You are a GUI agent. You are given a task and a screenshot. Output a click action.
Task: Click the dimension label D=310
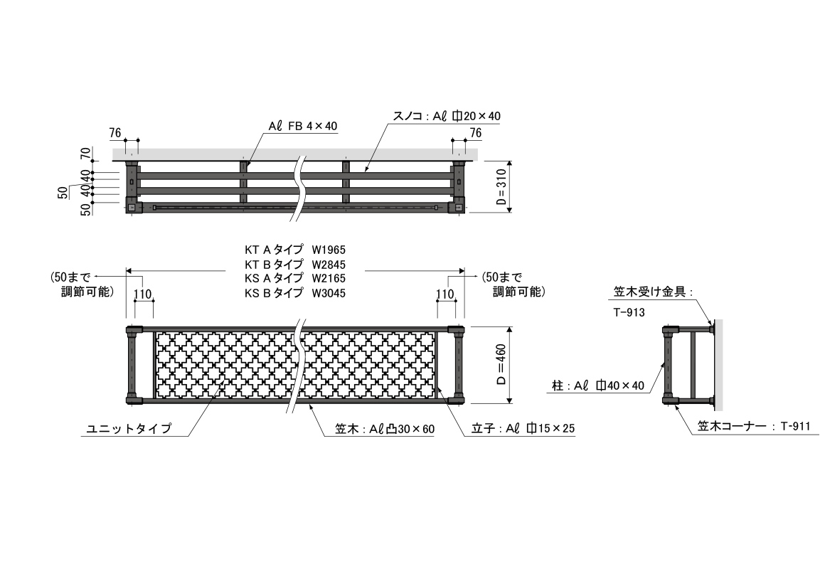coord(501,186)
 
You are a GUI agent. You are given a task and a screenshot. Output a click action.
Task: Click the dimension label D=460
coord(501,364)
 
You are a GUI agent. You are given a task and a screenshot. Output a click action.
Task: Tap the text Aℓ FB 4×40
coord(302,127)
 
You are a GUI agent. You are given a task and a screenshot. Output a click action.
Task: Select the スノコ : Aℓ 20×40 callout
coord(447,117)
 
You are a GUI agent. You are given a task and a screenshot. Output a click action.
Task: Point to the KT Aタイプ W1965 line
coord(295,250)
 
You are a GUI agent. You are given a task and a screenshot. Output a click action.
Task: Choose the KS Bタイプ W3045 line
coord(295,292)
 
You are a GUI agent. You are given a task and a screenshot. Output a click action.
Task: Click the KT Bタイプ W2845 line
coord(295,265)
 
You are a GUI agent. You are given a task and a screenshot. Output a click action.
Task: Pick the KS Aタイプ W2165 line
coord(295,278)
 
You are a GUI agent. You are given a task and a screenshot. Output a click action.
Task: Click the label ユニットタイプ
coord(129,428)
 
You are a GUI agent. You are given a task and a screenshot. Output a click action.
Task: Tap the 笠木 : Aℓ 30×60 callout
coord(385,429)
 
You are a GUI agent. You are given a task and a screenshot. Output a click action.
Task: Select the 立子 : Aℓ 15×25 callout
coord(523,428)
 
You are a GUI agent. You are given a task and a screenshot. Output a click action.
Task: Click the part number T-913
coord(629,313)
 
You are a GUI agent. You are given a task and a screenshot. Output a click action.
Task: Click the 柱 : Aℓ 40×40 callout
coord(597,385)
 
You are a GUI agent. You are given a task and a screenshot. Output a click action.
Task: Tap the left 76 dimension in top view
coord(115,132)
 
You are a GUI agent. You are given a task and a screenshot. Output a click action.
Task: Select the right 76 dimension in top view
coord(476,132)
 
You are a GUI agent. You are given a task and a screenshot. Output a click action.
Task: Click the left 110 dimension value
coord(142,294)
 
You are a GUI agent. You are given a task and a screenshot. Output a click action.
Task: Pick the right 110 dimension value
coord(445,294)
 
